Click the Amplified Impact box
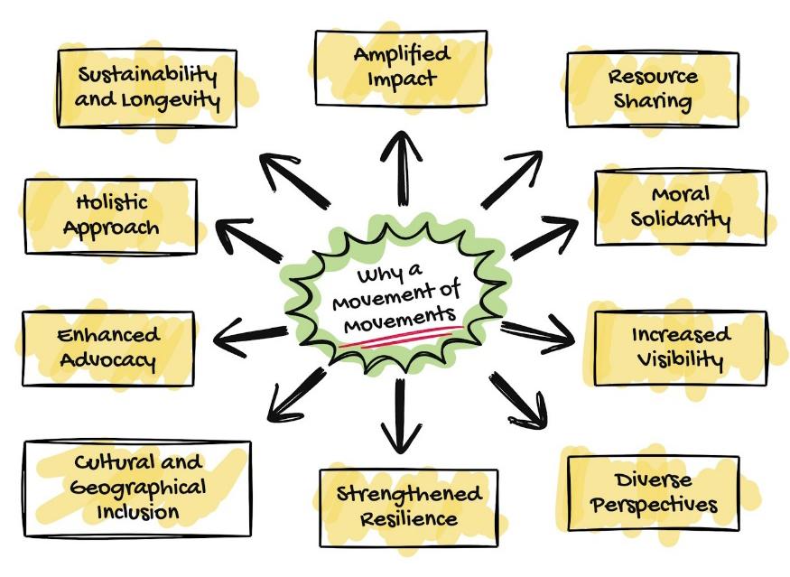(401, 66)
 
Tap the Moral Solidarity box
(680, 207)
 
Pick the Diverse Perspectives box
(654, 492)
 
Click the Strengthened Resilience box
(408, 507)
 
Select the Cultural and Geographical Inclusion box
(137, 488)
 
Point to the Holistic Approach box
(111, 215)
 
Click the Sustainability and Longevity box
(147, 87)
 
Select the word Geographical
(137, 489)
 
